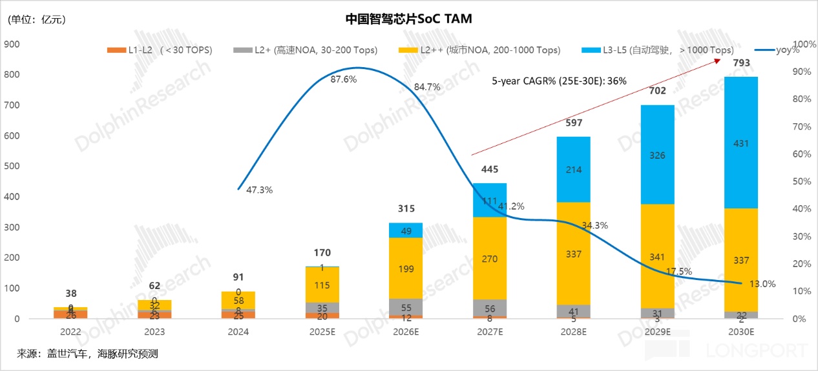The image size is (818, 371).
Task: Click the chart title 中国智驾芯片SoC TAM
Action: point(408,19)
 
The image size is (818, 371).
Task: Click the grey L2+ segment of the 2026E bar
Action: point(405,307)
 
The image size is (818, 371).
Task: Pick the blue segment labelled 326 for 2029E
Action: point(657,155)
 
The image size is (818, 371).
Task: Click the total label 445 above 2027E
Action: point(489,170)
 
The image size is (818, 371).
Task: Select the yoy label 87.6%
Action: point(343,79)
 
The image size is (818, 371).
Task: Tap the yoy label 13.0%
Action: point(762,284)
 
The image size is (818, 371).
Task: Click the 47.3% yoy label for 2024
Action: point(259,190)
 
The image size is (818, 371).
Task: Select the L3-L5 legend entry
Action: point(658,50)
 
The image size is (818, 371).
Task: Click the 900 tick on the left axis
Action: point(12,45)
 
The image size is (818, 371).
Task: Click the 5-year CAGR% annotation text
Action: point(559,81)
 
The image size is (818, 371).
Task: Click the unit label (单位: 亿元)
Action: point(37,19)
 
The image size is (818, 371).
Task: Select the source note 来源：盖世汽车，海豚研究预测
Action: point(87,354)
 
